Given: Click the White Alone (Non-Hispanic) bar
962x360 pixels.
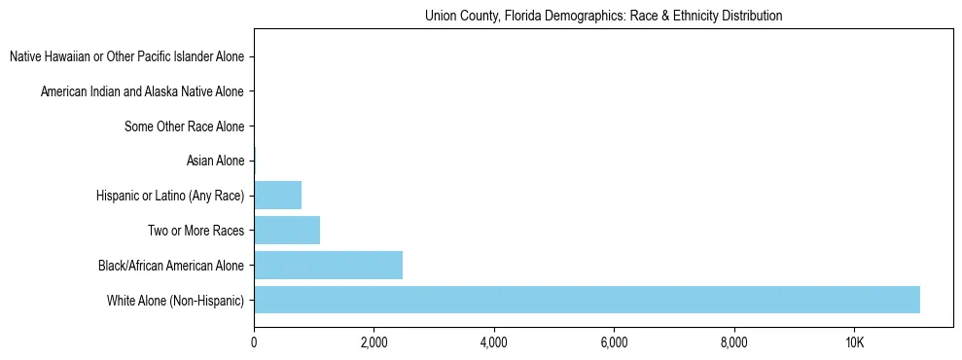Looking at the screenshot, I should [x=587, y=300].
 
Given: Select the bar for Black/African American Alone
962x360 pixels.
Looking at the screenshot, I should [x=328, y=265].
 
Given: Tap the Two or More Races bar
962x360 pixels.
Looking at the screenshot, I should [x=287, y=231].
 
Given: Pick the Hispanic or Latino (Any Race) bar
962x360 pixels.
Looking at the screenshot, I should [x=277, y=196].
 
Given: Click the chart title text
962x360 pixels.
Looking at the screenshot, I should [x=603, y=17].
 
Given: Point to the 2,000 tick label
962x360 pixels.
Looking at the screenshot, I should [x=374, y=342].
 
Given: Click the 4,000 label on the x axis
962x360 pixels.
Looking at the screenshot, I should [x=494, y=342].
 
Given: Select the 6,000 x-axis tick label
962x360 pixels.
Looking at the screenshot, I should [x=614, y=342].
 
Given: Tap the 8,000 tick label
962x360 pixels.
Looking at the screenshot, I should [x=733, y=342].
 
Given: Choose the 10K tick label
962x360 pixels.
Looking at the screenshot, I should [x=854, y=342].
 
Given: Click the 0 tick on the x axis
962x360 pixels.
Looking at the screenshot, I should [x=254, y=342].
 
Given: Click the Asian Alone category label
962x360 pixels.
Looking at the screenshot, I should [x=215, y=161].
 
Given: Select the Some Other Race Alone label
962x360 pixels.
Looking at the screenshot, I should [x=185, y=126].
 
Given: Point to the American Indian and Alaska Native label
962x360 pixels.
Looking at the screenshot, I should [x=143, y=91].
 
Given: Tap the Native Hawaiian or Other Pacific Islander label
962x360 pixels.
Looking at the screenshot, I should [x=127, y=56].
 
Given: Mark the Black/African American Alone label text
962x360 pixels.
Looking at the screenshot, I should [x=171, y=265].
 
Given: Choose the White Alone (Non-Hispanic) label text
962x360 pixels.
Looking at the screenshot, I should [x=176, y=300].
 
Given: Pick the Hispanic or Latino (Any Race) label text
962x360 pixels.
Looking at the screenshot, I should [x=170, y=196].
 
